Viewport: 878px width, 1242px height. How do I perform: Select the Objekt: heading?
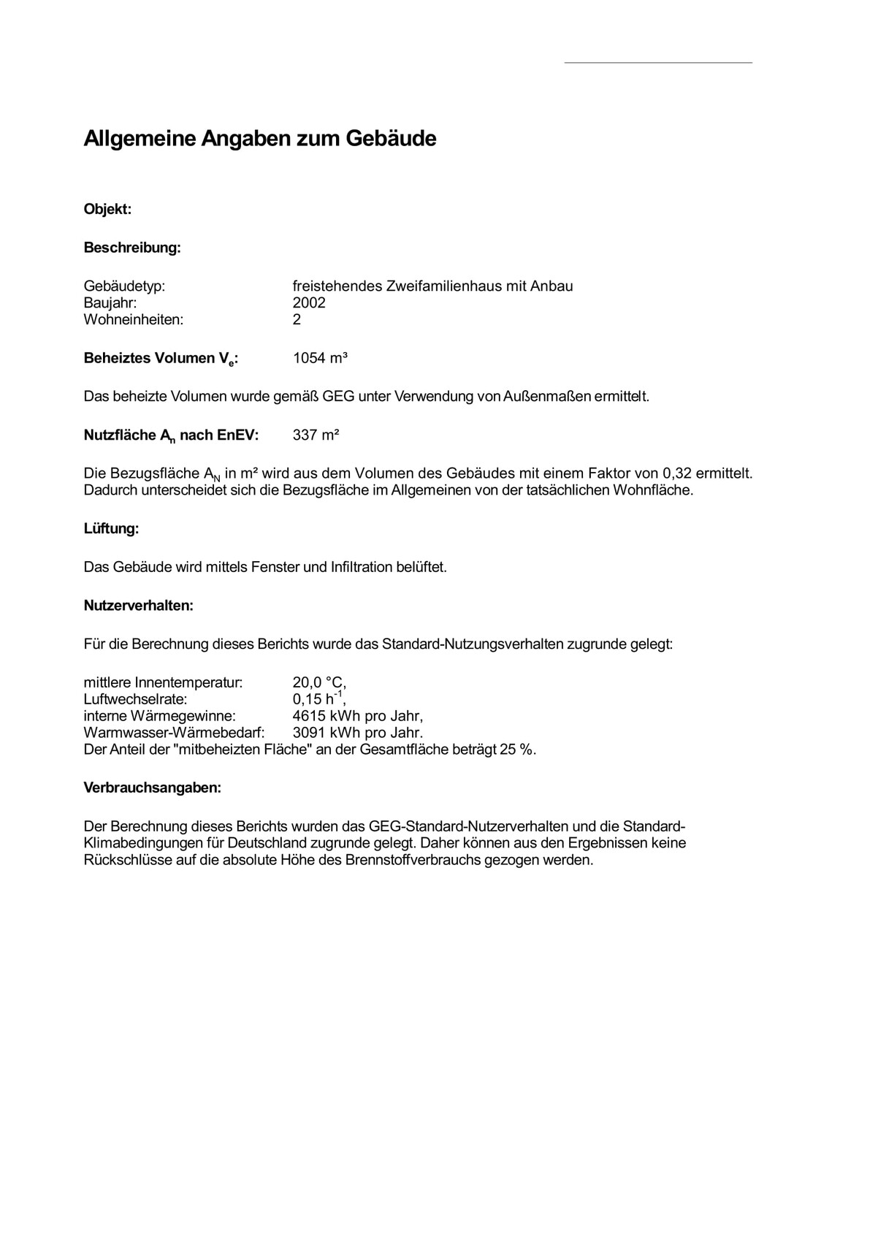click(107, 210)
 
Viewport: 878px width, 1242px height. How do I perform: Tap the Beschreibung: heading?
click(132, 248)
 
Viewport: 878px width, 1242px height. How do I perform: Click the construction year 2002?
click(309, 303)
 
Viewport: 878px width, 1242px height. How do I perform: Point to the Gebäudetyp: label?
click(124, 286)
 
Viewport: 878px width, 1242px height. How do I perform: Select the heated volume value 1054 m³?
click(320, 359)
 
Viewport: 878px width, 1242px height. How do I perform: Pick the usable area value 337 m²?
click(316, 435)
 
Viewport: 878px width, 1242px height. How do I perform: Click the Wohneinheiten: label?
click(134, 320)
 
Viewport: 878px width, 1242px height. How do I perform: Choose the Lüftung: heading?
click(111, 529)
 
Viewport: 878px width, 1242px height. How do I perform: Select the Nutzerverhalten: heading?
click(138, 606)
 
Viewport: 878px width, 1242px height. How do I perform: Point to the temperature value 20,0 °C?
click(318, 683)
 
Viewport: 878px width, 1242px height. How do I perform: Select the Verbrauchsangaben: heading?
click(152, 789)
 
